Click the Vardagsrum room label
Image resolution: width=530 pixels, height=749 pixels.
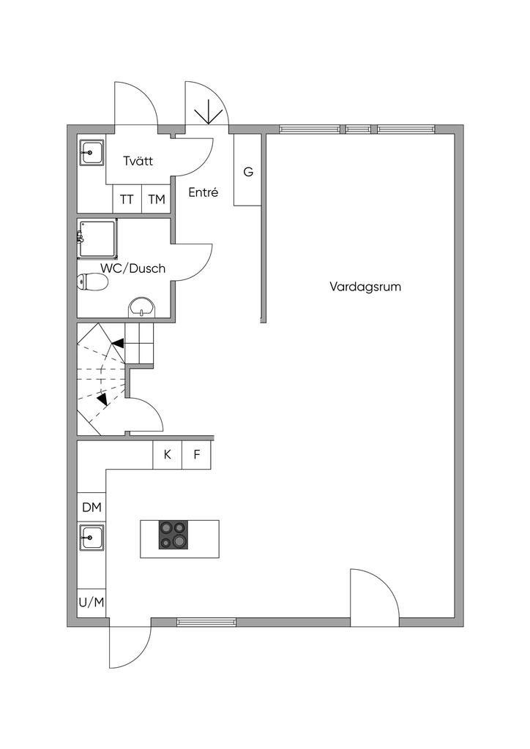click(365, 287)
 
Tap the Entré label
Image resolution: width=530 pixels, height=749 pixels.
click(204, 193)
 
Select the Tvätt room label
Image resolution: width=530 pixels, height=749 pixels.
click(138, 162)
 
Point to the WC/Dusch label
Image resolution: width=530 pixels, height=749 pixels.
click(132, 268)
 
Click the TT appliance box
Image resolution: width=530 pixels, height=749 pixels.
click(127, 199)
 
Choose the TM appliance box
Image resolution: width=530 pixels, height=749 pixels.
click(156, 199)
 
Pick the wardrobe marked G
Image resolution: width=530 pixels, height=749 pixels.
click(247, 173)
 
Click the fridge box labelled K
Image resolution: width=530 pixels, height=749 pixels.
click(167, 454)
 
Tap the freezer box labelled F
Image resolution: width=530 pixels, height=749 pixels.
click(196, 454)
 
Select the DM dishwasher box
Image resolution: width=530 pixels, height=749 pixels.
click(92, 507)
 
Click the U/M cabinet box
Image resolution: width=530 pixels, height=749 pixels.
click(92, 602)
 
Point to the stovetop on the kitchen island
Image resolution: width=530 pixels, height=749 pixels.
click(173, 535)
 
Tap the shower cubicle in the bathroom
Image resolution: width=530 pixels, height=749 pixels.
click(97, 238)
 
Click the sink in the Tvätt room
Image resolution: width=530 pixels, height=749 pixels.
click(92, 154)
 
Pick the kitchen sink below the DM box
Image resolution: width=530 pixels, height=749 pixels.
click(92, 538)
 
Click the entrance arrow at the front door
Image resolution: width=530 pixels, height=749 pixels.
click(209, 112)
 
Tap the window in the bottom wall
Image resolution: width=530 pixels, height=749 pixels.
click(206, 622)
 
